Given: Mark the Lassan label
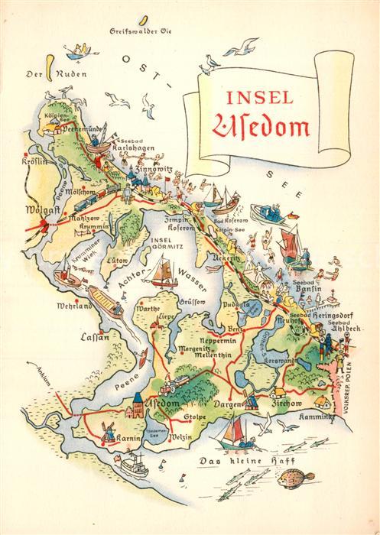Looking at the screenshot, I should pos(95,336).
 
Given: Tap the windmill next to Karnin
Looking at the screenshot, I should pos(109,429).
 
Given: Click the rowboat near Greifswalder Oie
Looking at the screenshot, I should pos(78,50).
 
